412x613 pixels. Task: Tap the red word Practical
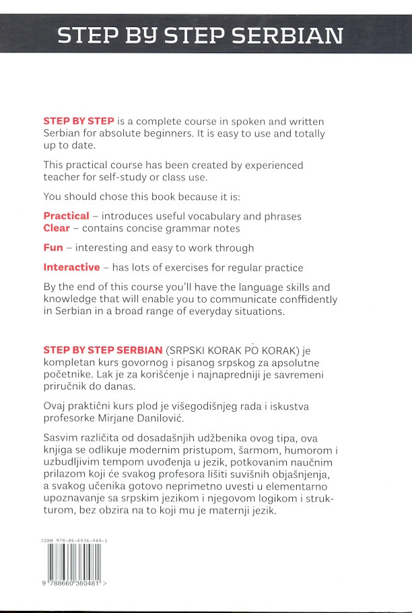tap(66, 216)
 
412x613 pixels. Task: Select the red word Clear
tap(57, 228)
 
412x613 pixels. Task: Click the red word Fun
tap(53, 248)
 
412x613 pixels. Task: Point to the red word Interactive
tap(71, 267)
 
